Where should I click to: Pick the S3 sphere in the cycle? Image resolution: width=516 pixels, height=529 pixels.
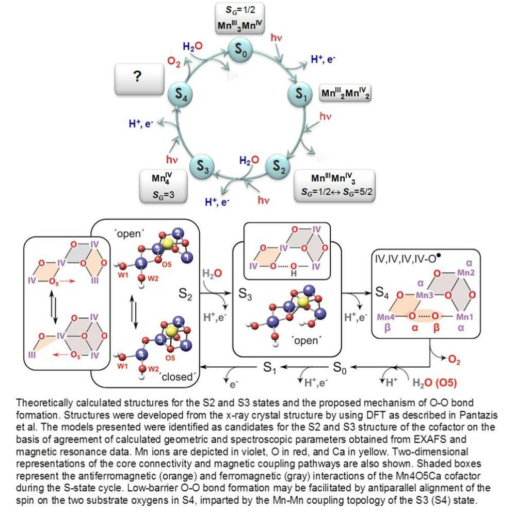pos(203,167)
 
